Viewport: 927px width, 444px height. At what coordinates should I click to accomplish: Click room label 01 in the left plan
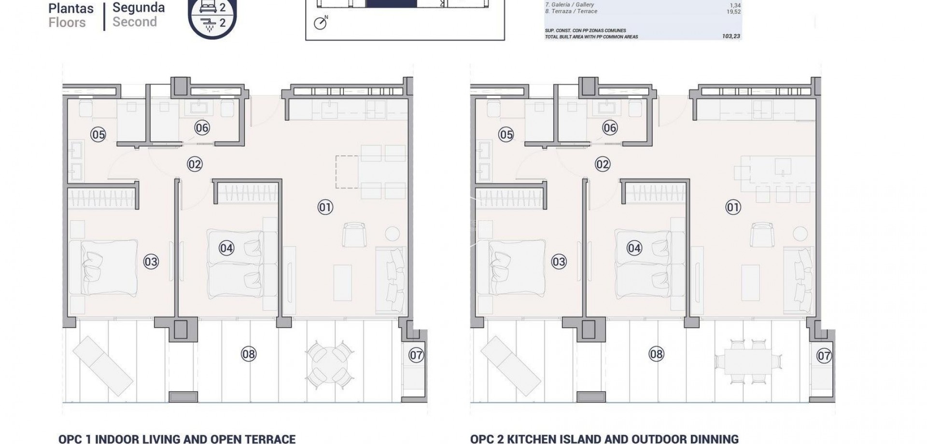[325, 208]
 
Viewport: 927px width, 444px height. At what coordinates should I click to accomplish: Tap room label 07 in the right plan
[824, 356]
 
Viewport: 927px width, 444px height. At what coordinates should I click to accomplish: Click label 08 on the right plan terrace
[656, 354]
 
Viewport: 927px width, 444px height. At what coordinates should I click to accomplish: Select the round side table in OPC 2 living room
[800, 234]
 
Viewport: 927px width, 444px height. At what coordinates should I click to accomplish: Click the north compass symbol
[320, 23]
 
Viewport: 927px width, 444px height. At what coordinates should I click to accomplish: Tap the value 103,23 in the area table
[731, 36]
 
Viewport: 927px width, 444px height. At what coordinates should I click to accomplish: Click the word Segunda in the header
[139, 8]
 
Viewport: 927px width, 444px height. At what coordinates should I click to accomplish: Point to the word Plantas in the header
[71, 8]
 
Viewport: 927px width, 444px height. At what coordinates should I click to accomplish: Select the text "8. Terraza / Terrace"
[571, 11]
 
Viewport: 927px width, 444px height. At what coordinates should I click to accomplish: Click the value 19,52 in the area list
[733, 12]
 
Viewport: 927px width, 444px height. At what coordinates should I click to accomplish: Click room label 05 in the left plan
[98, 134]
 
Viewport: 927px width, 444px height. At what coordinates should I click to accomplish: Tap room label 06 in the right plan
[610, 128]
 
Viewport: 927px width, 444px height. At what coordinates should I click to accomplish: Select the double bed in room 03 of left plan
[102, 267]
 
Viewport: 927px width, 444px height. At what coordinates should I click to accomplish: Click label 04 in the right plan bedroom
[634, 249]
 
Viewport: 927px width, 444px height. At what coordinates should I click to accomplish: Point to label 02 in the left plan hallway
[194, 165]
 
